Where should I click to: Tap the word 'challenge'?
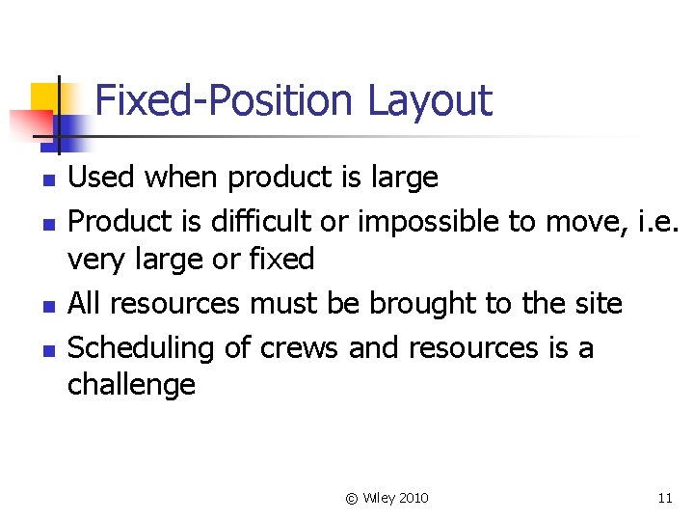(131, 386)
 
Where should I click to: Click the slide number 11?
(664, 498)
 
